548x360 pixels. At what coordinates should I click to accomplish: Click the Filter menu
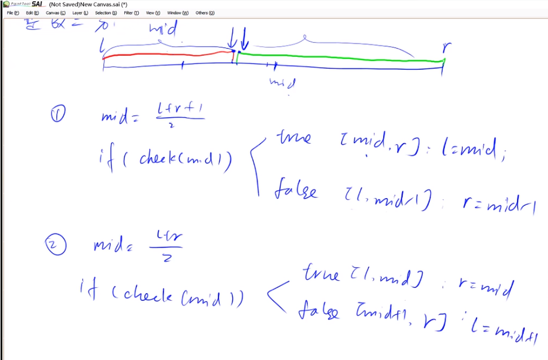[x=131, y=12]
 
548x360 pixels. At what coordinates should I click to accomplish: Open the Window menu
[x=178, y=12]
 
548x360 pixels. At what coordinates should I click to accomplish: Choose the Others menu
[x=205, y=12]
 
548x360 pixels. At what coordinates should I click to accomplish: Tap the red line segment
[x=167, y=55]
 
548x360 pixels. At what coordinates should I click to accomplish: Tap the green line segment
[x=340, y=57]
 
